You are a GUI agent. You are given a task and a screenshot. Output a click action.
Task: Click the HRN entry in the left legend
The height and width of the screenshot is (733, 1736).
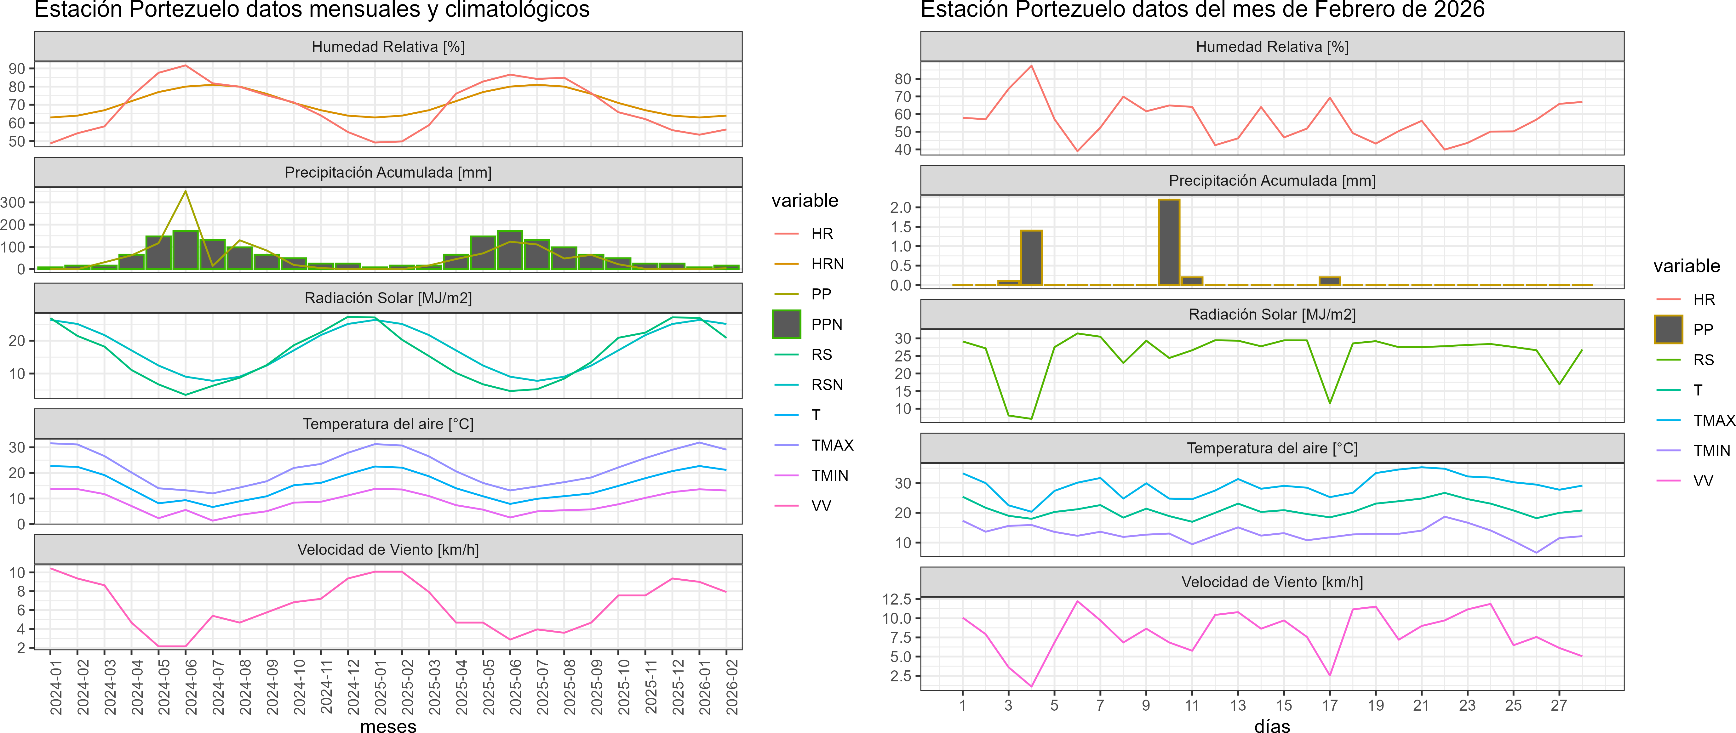[827, 264]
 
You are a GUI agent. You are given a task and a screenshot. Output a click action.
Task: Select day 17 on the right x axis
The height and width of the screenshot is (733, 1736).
[1330, 705]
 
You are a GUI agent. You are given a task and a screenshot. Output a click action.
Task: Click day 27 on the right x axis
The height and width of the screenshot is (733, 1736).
[1559, 705]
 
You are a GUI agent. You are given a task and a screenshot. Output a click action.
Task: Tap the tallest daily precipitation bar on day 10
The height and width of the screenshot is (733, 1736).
[1169, 242]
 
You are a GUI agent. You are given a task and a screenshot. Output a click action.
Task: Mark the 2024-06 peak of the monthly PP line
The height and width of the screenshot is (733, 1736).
[185, 191]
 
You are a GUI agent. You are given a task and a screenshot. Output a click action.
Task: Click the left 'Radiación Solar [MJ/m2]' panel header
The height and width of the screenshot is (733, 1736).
[388, 298]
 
